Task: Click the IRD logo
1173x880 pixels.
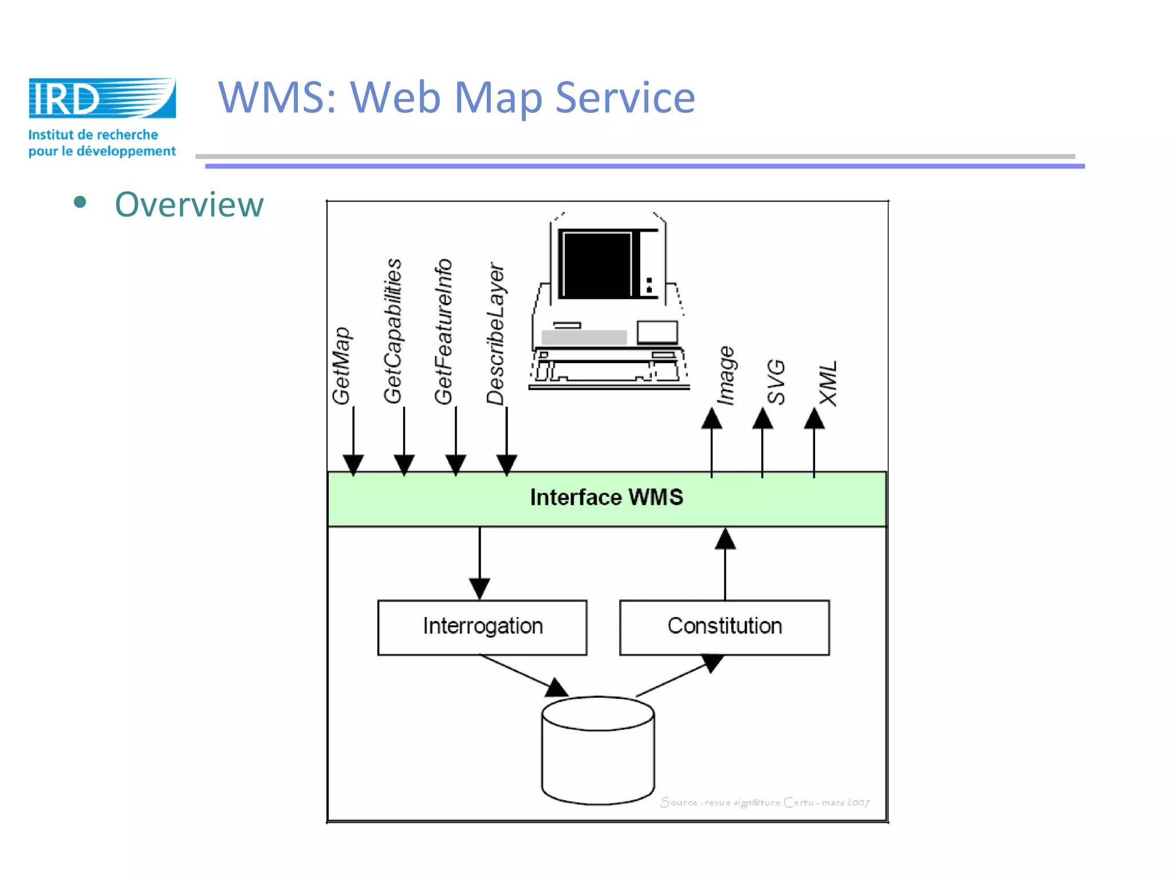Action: tap(102, 99)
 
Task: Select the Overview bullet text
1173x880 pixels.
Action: tap(189, 205)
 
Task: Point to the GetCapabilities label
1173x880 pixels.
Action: tap(393, 331)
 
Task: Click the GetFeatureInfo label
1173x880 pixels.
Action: tap(444, 332)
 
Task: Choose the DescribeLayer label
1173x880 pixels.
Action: tap(496, 334)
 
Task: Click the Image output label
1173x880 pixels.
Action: tap(726, 376)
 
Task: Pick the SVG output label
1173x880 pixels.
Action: tap(776, 382)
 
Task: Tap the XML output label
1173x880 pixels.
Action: tap(828, 383)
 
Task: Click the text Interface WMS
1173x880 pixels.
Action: tap(607, 497)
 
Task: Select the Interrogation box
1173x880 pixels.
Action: tap(482, 627)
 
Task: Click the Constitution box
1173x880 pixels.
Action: tap(725, 627)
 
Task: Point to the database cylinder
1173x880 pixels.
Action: tap(598, 751)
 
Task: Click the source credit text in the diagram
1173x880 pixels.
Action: tap(765, 803)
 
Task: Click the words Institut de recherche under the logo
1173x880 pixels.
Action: tap(93, 135)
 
